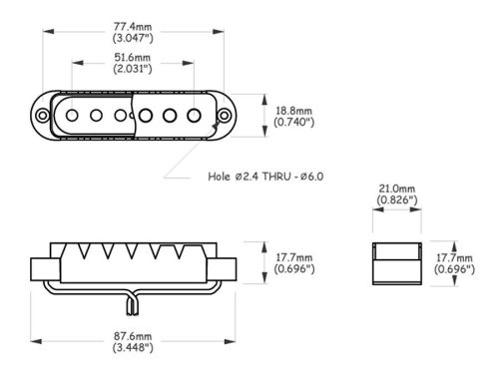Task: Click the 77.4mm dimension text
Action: pyautogui.click(x=133, y=26)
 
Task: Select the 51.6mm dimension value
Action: pyautogui.click(x=133, y=57)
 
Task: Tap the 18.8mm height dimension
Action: pyautogui.click(x=294, y=111)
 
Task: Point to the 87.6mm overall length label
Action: pyautogui.click(x=133, y=336)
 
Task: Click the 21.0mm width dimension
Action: pyautogui.click(x=397, y=188)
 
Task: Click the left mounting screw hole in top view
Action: pyautogui.click(x=43, y=116)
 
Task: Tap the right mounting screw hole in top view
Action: pyautogui.click(x=225, y=116)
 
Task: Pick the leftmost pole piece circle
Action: pyautogui.click(x=72, y=116)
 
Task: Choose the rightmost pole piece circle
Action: pyautogui.click(x=194, y=116)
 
